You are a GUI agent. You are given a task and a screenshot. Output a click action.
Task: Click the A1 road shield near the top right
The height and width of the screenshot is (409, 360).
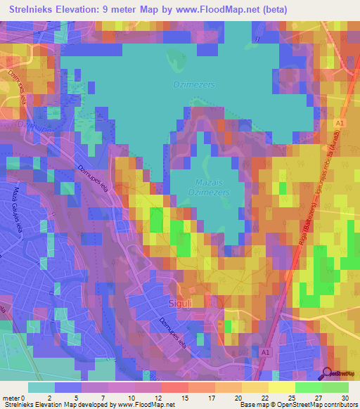(x=340, y=124)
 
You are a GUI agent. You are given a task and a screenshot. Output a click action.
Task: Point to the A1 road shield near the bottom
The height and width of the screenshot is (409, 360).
(x=266, y=352)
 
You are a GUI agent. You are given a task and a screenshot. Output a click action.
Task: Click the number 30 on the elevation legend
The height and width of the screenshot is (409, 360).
(x=344, y=398)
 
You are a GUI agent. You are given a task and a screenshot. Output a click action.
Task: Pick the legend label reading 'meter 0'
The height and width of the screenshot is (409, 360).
(x=15, y=398)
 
